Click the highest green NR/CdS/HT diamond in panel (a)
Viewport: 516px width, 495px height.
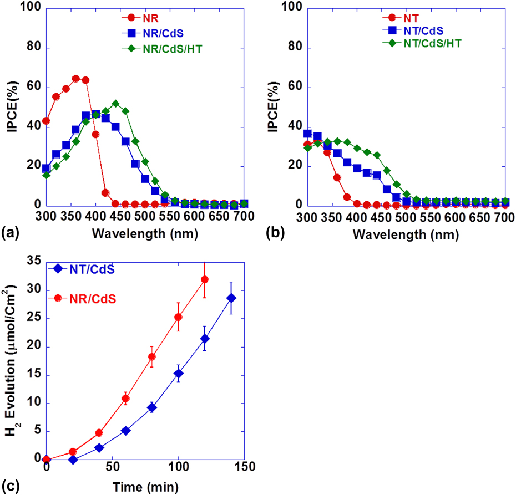(115, 104)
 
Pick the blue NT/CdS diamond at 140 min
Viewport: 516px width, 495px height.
(231, 298)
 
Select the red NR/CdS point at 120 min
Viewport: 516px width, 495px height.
(205, 279)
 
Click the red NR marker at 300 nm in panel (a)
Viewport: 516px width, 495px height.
(46, 121)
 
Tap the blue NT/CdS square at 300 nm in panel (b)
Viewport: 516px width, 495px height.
(307, 134)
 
